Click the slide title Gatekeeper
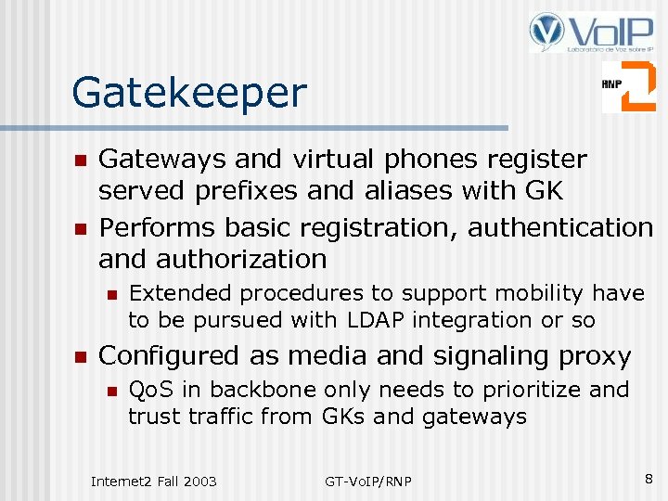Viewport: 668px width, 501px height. coord(189,93)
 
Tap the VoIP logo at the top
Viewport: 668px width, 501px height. coord(589,32)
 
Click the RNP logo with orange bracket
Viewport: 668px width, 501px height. coord(628,86)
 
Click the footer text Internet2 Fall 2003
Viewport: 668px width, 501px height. coord(154,481)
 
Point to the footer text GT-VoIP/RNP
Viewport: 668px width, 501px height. coord(368,481)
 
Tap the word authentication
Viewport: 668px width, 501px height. coord(560,226)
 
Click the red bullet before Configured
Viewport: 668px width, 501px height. coord(80,357)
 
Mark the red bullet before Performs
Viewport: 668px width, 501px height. coord(80,228)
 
